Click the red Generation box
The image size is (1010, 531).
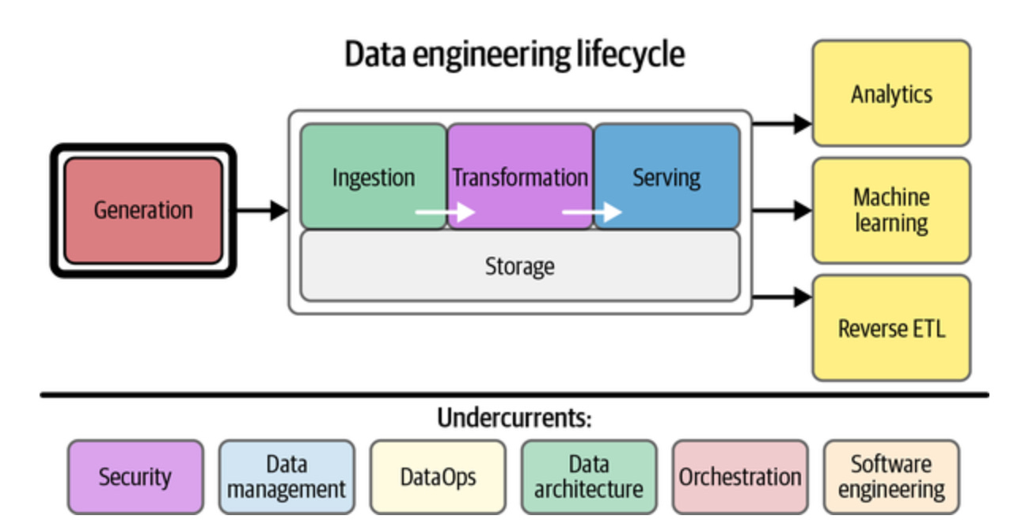point(142,210)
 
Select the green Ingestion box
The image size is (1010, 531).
point(373,177)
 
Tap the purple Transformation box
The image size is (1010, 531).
point(520,177)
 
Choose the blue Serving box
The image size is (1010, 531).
point(666,177)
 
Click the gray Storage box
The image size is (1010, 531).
point(519,265)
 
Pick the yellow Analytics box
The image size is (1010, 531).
point(891,94)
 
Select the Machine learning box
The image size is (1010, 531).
point(891,210)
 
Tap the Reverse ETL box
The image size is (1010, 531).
point(891,327)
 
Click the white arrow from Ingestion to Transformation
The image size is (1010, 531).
point(445,212)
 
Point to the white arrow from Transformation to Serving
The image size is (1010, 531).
point(591,212)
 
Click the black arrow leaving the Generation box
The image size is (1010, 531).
point(262,210)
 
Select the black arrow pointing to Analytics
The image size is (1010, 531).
point(782,124)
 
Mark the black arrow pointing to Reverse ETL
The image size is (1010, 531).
point(782,298)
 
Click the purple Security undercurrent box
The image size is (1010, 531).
point(135,477)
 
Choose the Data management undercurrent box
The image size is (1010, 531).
point(286,477)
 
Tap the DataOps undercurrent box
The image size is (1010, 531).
point(438,477)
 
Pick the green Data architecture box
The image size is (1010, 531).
point(589,477)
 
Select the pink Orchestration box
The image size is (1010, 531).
point(740,477)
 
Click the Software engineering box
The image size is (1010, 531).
point(891,477)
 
